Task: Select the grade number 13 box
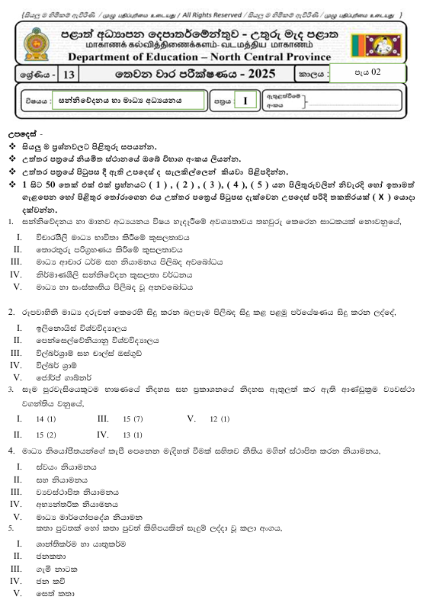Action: pyautogui.click(x=69, y=75)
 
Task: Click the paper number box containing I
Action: pyautogui.click(x=245, y=101)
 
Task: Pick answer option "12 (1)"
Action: pyautogui.click(x=220, y=419)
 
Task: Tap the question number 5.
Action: pyautogui.click(x=11, y=527)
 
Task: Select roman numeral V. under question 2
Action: pyautogui.click(x=17, y=376)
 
